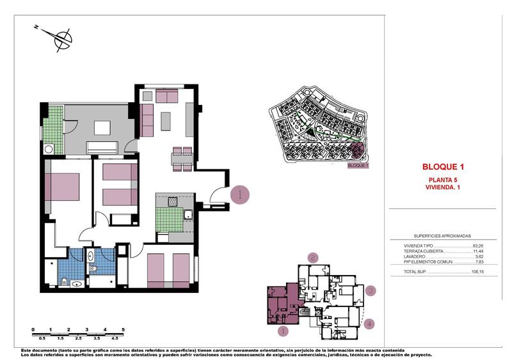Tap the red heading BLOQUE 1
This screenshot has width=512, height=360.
pyautogui.click(x=444, y=167)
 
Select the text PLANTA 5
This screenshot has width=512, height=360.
pyautogui.click(x=444, y=180)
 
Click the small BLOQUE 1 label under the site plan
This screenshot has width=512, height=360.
pyautogui.click(x=358, y=166)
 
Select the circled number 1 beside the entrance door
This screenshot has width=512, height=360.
pyautogui.click(x=239, y=194)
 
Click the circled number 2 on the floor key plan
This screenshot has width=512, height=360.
pyautogui.click(x=312, y=258)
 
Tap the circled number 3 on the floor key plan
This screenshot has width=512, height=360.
pyautogui.click(x=370, y=292)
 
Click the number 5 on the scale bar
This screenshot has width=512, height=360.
pyautogui.click(x=122, y=329)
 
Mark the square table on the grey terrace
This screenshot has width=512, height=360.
pyautogui.click(x=102, y=128)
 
